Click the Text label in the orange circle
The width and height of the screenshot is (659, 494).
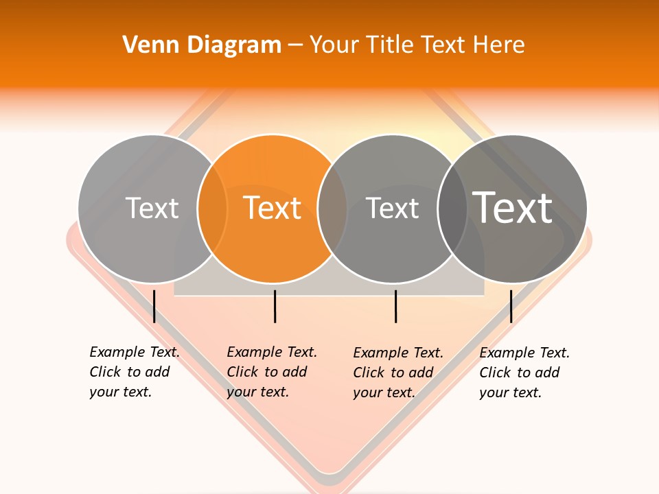[x=273, y=208]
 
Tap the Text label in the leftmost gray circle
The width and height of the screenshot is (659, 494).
[x=152, y=208]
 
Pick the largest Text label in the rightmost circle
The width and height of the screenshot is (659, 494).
[x=513, y=207]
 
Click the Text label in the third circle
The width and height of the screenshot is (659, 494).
[x=393, y=208]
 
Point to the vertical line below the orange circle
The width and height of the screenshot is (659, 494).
[x=275, y=306]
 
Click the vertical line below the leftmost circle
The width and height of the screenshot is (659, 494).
[x=154, y=306]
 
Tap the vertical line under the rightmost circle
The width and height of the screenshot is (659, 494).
[x=511, y=306]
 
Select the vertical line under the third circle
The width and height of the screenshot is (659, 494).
[x=395, y=306]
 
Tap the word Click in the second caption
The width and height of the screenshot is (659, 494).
[x=242, y=372]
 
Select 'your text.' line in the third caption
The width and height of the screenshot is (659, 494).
[x=384, y=392]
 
